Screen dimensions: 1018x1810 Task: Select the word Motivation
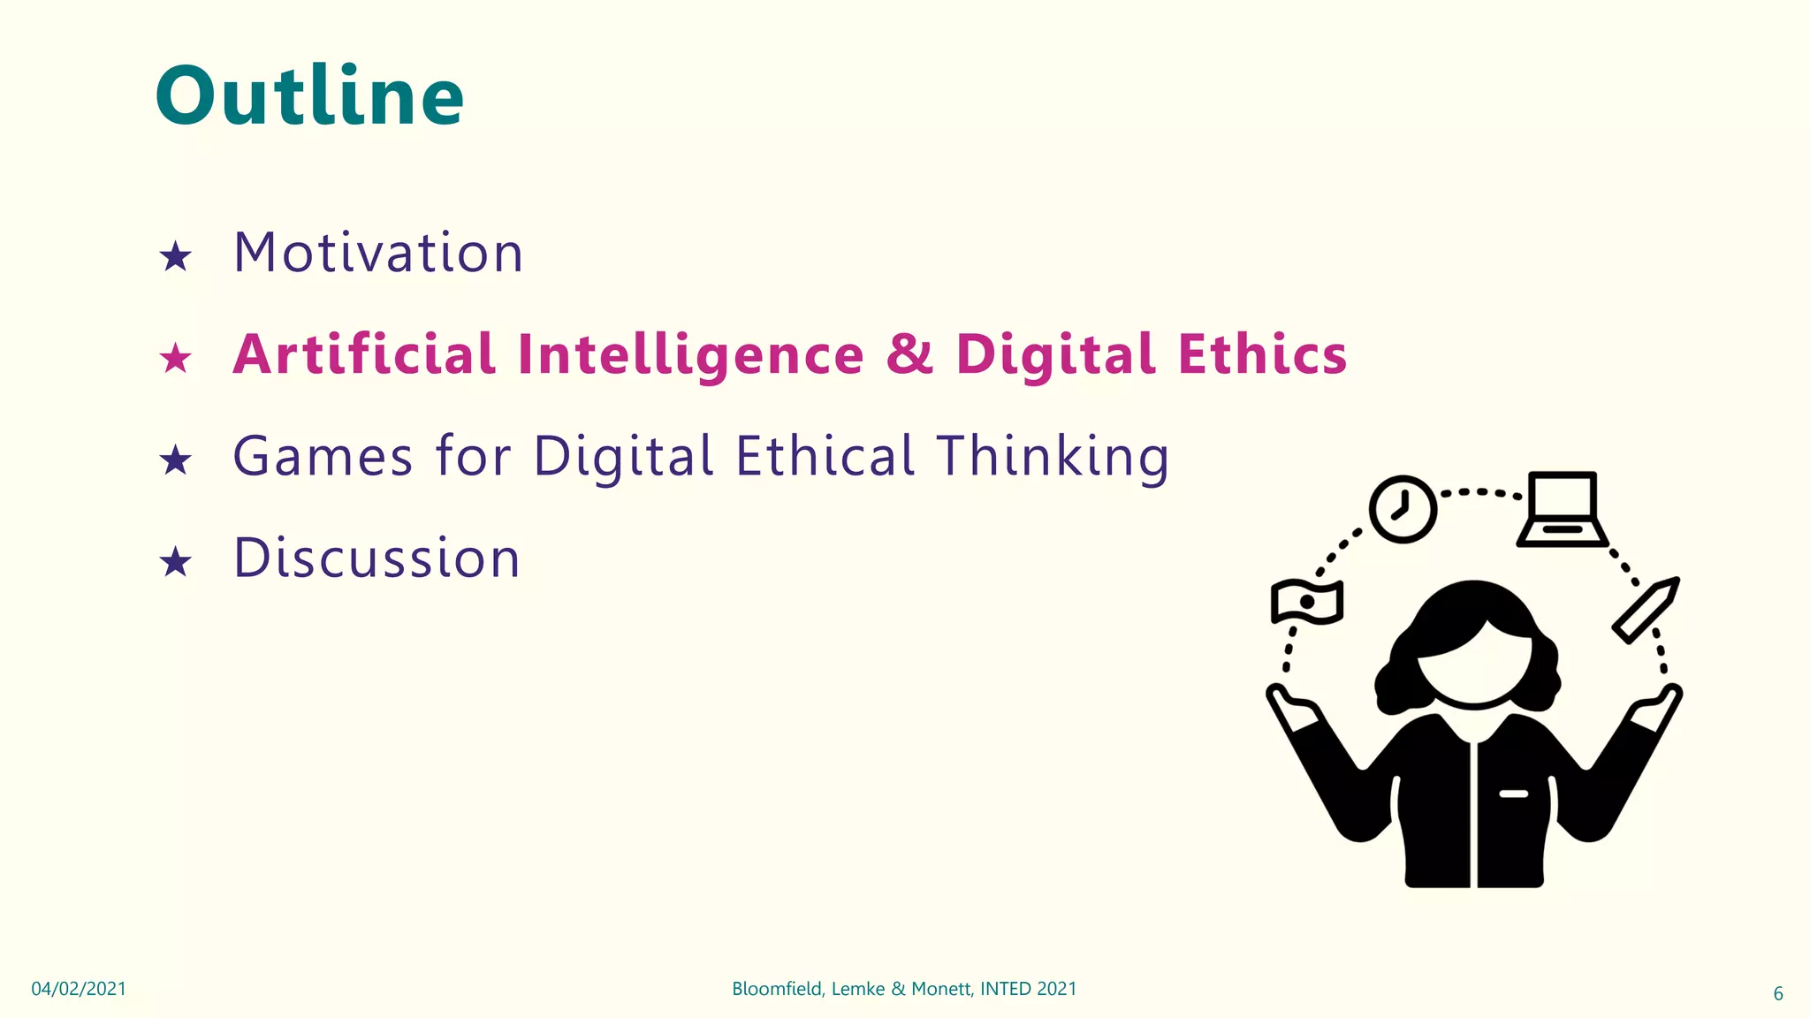(378, 253)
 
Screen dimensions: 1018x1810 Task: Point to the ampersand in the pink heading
(909, 354)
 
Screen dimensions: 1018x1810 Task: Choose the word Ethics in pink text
(1262, 354)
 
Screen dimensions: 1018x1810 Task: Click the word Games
(323, 457)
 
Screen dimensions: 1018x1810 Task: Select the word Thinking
(1053, 457)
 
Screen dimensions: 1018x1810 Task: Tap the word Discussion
(376, 558)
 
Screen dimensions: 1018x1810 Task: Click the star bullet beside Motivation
(175, 257)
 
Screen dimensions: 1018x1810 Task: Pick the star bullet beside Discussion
(175, 562)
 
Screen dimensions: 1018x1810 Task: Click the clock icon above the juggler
(1403, 509)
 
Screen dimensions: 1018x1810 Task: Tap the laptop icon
(1563, 510)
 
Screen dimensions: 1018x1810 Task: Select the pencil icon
(1645, 610)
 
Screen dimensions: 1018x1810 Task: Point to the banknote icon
(1307, 603)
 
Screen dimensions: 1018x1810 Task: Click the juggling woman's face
(1474, 667)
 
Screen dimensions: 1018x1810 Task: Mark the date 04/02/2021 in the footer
(79, 989)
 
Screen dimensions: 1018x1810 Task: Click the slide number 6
(1778, 993)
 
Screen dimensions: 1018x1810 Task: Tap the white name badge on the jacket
(1513, 794)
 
